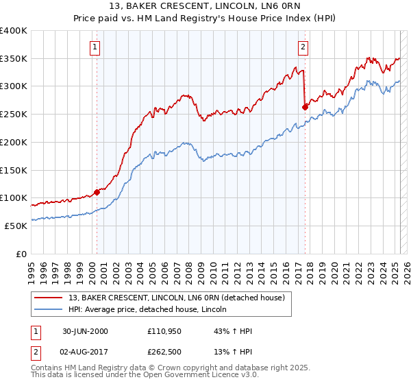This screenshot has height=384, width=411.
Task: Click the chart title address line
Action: pyautogui.click(x=205, y=8)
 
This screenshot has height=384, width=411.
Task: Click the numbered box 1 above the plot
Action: pyautogui.click(x=95, y=47)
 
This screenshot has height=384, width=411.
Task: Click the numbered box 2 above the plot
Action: pyautogui.click(x=303, y=47)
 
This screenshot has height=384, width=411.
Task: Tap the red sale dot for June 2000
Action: pyautogui.click(x=97, y=192)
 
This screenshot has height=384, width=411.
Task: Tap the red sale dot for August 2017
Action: pyautogui.click(x=305, y=106)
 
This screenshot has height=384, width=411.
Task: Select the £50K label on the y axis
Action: pyautogui.click(x=16, y=226)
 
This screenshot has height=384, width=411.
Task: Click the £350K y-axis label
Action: pyautogui.click(x=14, y=58)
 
